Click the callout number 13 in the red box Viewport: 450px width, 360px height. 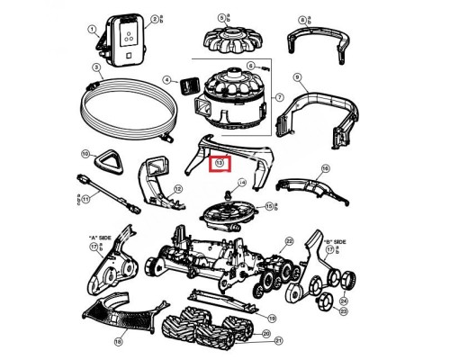coord(220,164)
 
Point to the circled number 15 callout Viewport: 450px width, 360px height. coord(267,206)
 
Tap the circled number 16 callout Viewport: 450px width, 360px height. coord(326,169)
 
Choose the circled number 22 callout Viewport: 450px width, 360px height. coord(289,241)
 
